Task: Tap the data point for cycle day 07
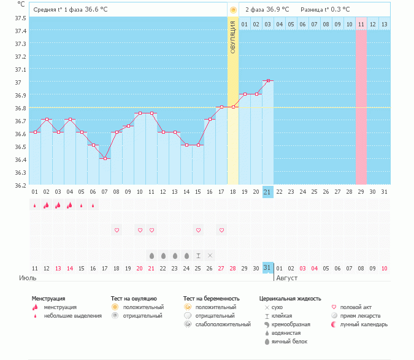pos(105,159)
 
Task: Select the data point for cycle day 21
pos(267,81)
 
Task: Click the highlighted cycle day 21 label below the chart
pos(267,192)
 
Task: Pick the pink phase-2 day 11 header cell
pos(361,24)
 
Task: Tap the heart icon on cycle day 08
pos(117,230)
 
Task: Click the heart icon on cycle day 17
pos(221,230)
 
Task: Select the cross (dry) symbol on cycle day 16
pos(210,255)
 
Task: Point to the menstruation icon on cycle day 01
pos(35,205)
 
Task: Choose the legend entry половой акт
pos(356,307)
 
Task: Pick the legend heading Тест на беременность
pos(210,299)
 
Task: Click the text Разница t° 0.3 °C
pos(325,10)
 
